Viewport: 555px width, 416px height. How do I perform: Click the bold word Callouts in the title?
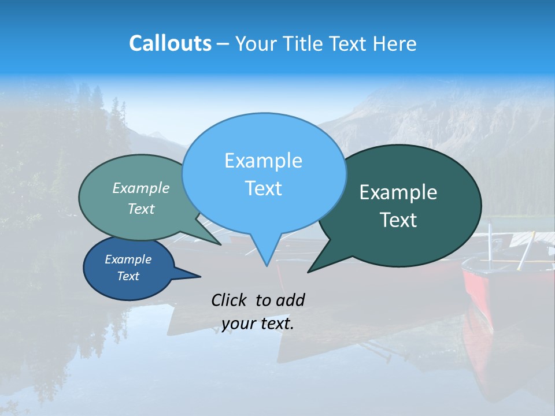[170, 43]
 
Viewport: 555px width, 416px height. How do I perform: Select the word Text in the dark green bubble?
[398, 220]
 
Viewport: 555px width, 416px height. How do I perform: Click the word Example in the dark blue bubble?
[128, 259]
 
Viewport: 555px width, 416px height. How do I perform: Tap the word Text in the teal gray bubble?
[141, 209]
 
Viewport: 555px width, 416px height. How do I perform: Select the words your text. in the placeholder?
[258, 324]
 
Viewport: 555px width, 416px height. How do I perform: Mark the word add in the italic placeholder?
[290, 300]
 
